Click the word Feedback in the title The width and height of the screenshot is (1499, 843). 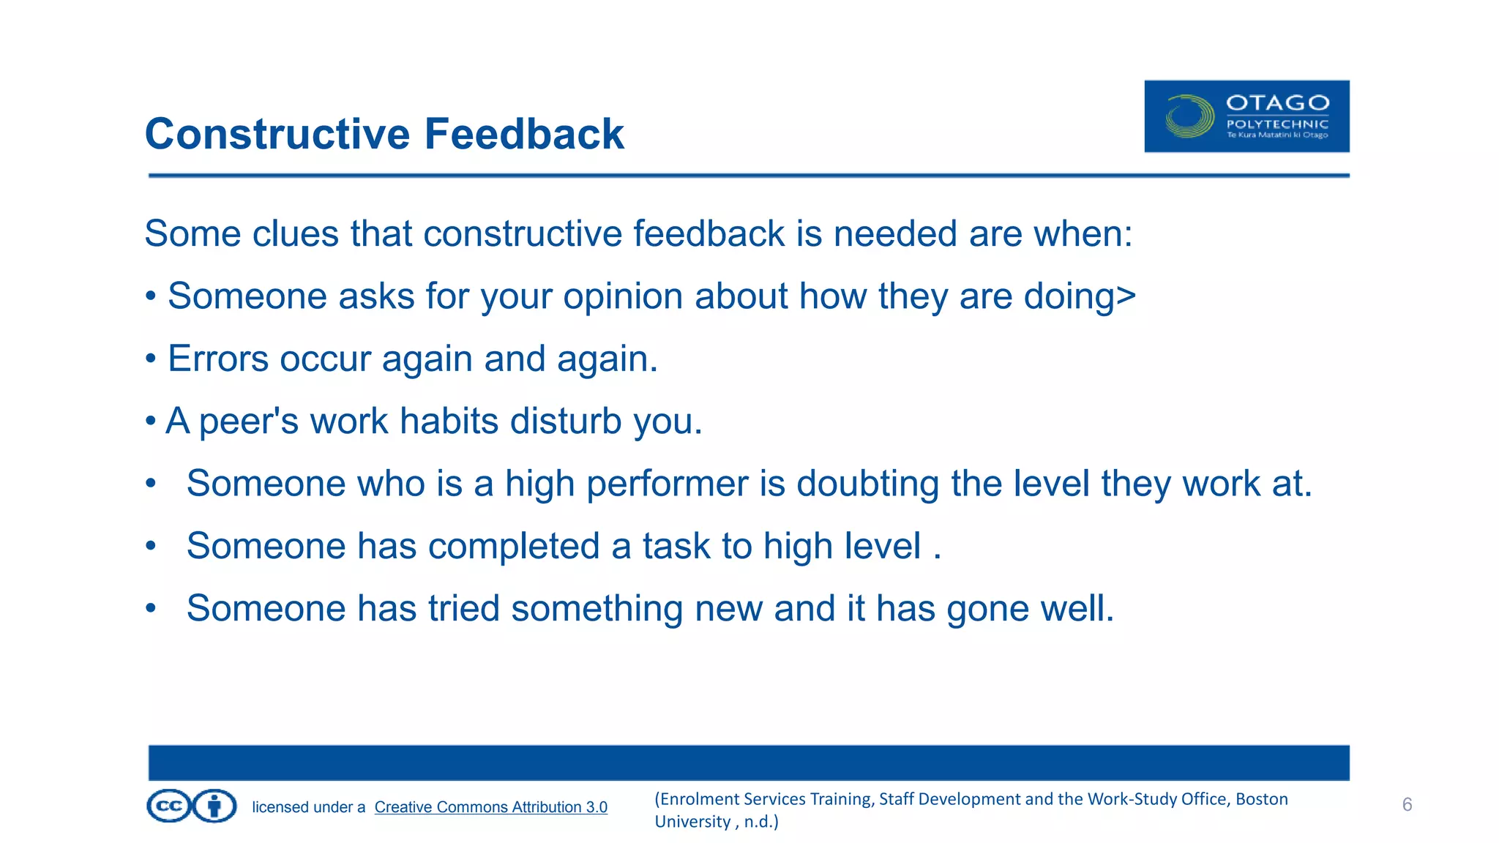[524, 134]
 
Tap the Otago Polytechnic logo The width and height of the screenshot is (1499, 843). [1246, 116]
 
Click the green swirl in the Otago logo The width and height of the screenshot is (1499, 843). [1189, 116]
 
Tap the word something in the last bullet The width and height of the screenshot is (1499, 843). [597, 609]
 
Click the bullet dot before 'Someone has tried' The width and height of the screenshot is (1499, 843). [151, 608]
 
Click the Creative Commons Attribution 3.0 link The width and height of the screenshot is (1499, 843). [490, 807]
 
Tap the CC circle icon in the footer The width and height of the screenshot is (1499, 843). [169, 806]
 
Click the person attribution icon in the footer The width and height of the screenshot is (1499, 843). [214, 806]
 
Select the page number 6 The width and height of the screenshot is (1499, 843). [1407, 805]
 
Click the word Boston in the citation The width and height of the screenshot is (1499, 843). [1261, 799]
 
